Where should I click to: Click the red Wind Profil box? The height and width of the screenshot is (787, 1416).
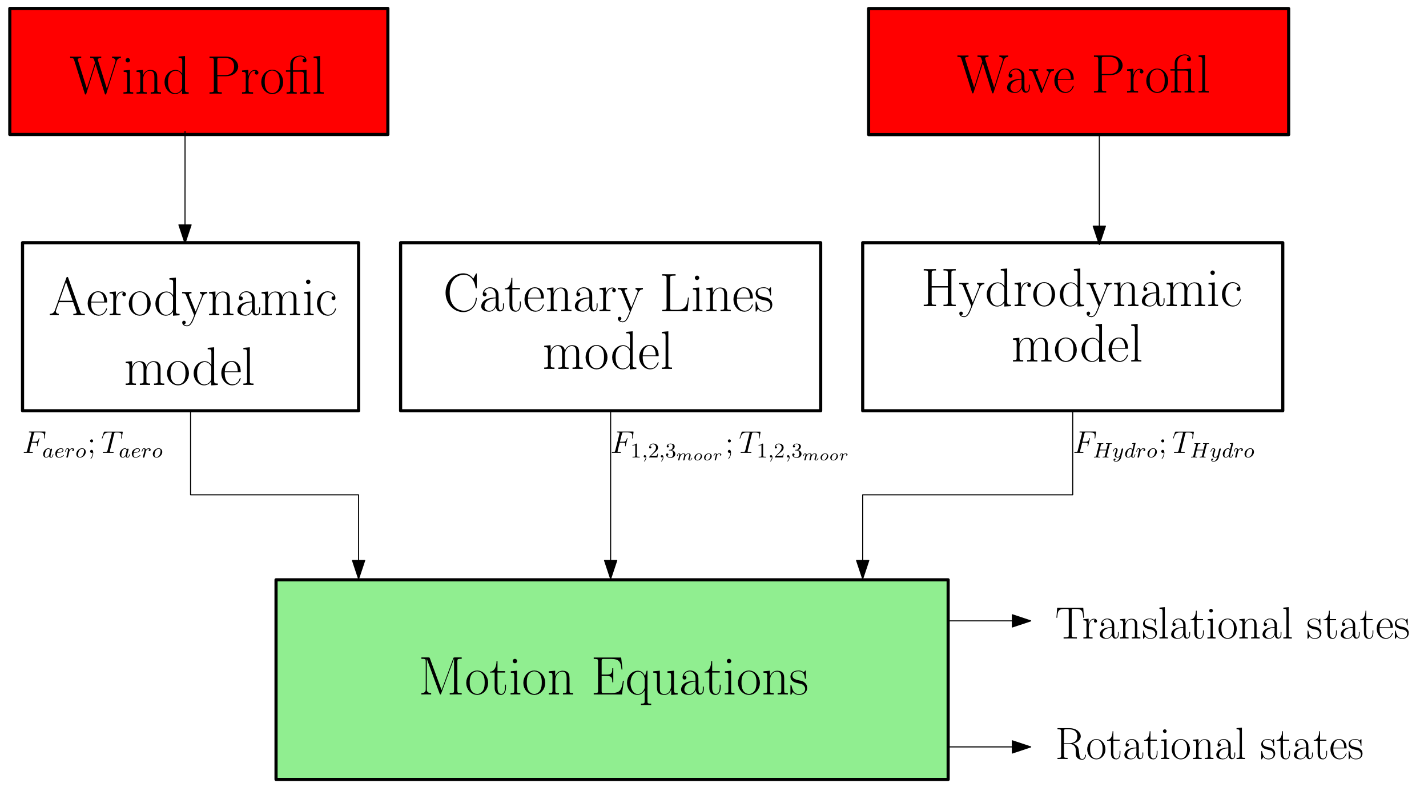point(199,71)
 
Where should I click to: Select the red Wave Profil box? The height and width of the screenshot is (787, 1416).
point(1078,71)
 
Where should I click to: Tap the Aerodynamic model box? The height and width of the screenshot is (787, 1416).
point(190,326)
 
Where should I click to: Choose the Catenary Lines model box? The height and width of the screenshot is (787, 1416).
point(610,326)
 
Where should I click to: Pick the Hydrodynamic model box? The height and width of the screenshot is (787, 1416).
point(1072,326)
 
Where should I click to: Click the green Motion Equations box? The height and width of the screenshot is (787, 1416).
point(612,679)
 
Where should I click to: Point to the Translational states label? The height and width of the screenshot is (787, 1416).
point(1232,624)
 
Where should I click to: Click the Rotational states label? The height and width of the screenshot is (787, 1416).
point(1209,745)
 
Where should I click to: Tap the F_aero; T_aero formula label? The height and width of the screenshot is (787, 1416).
point(93,444)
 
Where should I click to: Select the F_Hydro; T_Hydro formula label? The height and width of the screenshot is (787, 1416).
point(1164,444)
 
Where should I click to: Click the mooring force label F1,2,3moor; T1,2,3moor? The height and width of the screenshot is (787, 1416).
point(730,445)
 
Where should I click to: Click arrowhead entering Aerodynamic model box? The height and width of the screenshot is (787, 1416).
point(185,233)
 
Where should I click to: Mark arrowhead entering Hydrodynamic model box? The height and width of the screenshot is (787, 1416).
point(1099,234)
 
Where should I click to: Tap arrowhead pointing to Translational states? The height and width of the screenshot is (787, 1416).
point(1021,621)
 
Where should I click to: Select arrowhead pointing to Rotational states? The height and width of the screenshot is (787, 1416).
point(1021,746)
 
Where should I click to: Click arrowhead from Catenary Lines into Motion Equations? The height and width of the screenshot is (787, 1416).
point(610,569)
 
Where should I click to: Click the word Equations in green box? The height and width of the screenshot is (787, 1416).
point(700,679)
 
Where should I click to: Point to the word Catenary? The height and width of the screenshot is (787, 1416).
point(543,295)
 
